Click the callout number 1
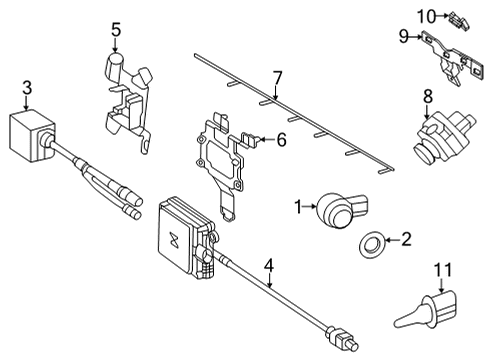(298, 207)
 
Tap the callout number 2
(406, 239)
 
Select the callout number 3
(27, 88)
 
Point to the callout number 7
(277, 78)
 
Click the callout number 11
(443, 270)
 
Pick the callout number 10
(427, 16)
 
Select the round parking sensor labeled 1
(342, 209)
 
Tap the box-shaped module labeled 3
(31, 137)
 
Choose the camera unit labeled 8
(443, 137)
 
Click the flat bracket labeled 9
(452, 57)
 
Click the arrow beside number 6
(266, 139)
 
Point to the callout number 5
(116, 29)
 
